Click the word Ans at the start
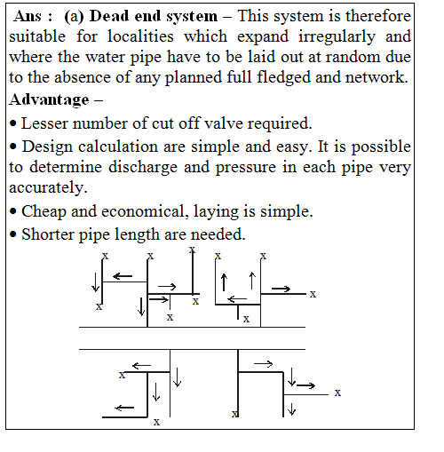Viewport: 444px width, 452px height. point(30,17)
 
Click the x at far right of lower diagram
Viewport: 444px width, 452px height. point(337,391)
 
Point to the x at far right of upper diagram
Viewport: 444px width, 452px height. point(313,294)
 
